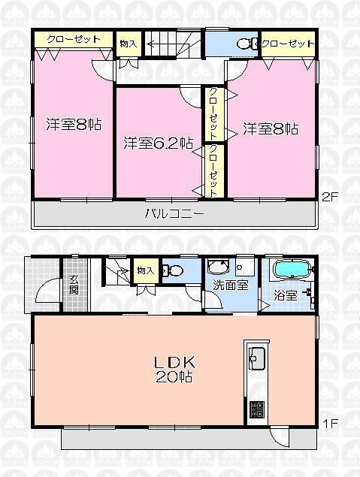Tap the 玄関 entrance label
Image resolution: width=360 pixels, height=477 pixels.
(x=74, y=285)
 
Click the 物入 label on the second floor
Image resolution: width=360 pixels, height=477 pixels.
(x=128, y=44)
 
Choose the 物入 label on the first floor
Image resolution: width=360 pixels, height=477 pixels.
(x=145, y=270)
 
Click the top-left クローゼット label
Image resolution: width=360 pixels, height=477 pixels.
(x=74, y=39)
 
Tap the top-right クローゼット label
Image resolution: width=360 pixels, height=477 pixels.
(x=288, y=44)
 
